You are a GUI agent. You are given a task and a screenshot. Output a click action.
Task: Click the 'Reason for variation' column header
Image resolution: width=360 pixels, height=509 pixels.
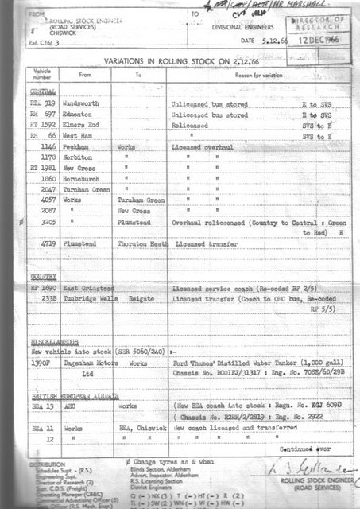tap(241, 74)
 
